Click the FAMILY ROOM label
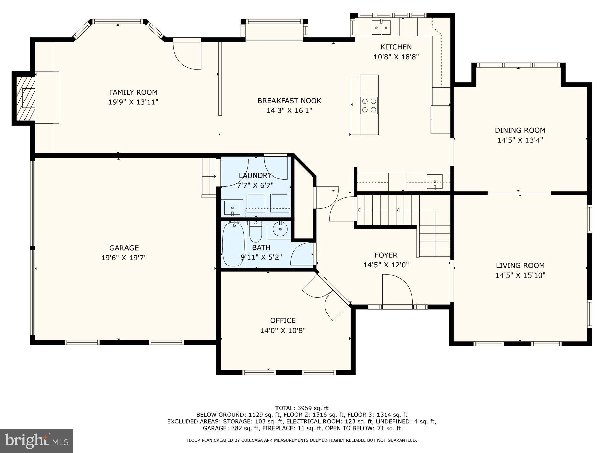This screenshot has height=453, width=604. coord(133,92)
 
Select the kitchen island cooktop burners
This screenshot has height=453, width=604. coord(369,105)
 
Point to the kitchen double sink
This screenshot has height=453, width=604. coord(381,27)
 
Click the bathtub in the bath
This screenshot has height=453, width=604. coord(233,244)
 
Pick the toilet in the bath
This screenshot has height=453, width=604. coord(256,232)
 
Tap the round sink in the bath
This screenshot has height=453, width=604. coord(280,229)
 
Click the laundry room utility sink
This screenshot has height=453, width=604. coord(232,208)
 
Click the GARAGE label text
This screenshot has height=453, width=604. coord(124,248)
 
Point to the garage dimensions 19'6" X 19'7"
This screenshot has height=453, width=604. coord(124,258)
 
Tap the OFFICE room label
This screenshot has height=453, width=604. coord(283,320)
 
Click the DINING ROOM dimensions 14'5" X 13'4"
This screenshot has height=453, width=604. coord(520,140)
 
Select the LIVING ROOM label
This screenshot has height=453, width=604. coord(520,266)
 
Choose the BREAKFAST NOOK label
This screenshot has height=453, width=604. coord(289,101)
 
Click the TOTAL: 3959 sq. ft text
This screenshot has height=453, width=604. coord(302,408)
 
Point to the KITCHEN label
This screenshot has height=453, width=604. coord(396,47)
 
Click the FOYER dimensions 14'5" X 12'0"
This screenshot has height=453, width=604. coord(386,265)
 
